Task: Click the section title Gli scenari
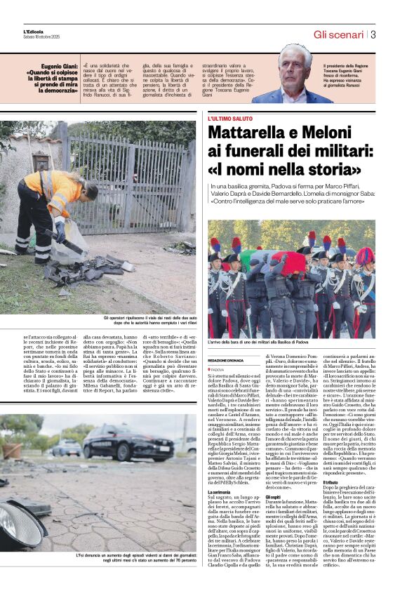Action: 338,34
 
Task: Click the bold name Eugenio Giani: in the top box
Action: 53,64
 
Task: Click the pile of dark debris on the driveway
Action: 91,270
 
